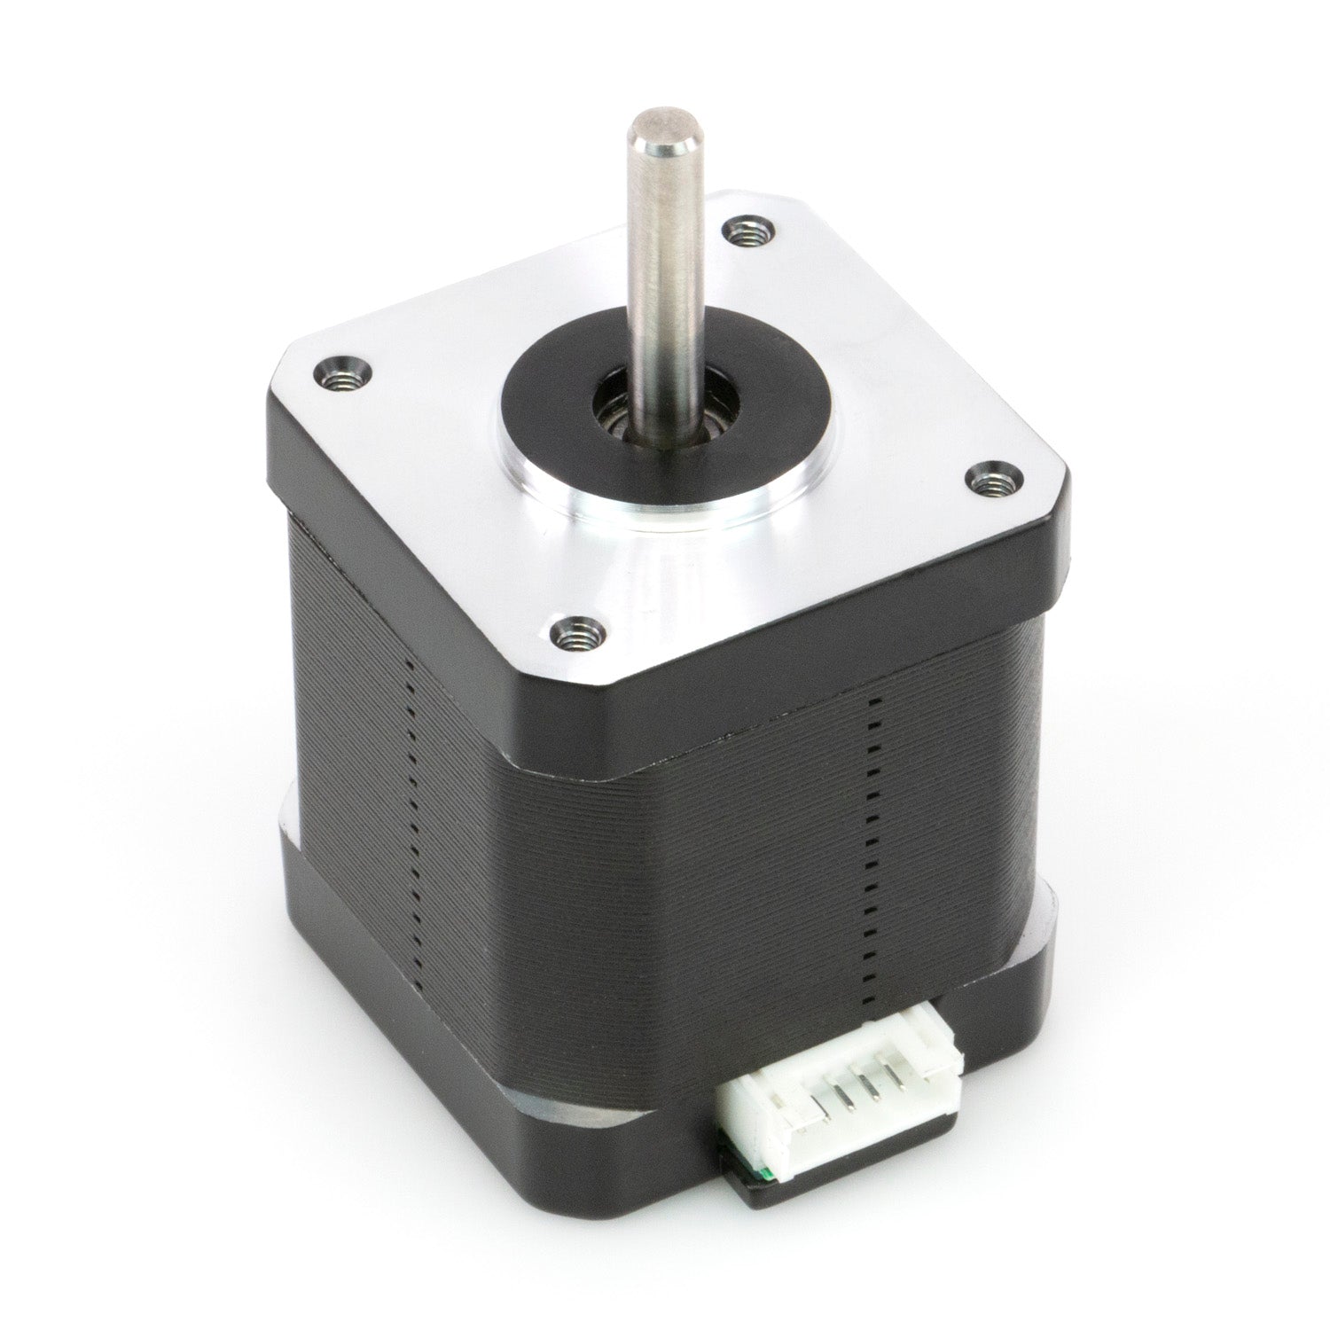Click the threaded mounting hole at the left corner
pyautogui.click(x=340, y=377)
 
